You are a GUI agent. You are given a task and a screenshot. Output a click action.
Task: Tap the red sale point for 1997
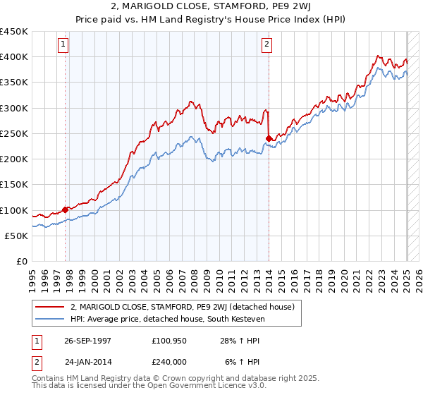66,209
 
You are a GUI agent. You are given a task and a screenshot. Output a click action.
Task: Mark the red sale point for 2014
269,138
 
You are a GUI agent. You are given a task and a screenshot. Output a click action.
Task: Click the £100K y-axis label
14,210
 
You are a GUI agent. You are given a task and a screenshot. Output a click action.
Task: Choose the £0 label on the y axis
21,261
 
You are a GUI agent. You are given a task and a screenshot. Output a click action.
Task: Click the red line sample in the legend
51,307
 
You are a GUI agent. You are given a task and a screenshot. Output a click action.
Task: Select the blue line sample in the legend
51,318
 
